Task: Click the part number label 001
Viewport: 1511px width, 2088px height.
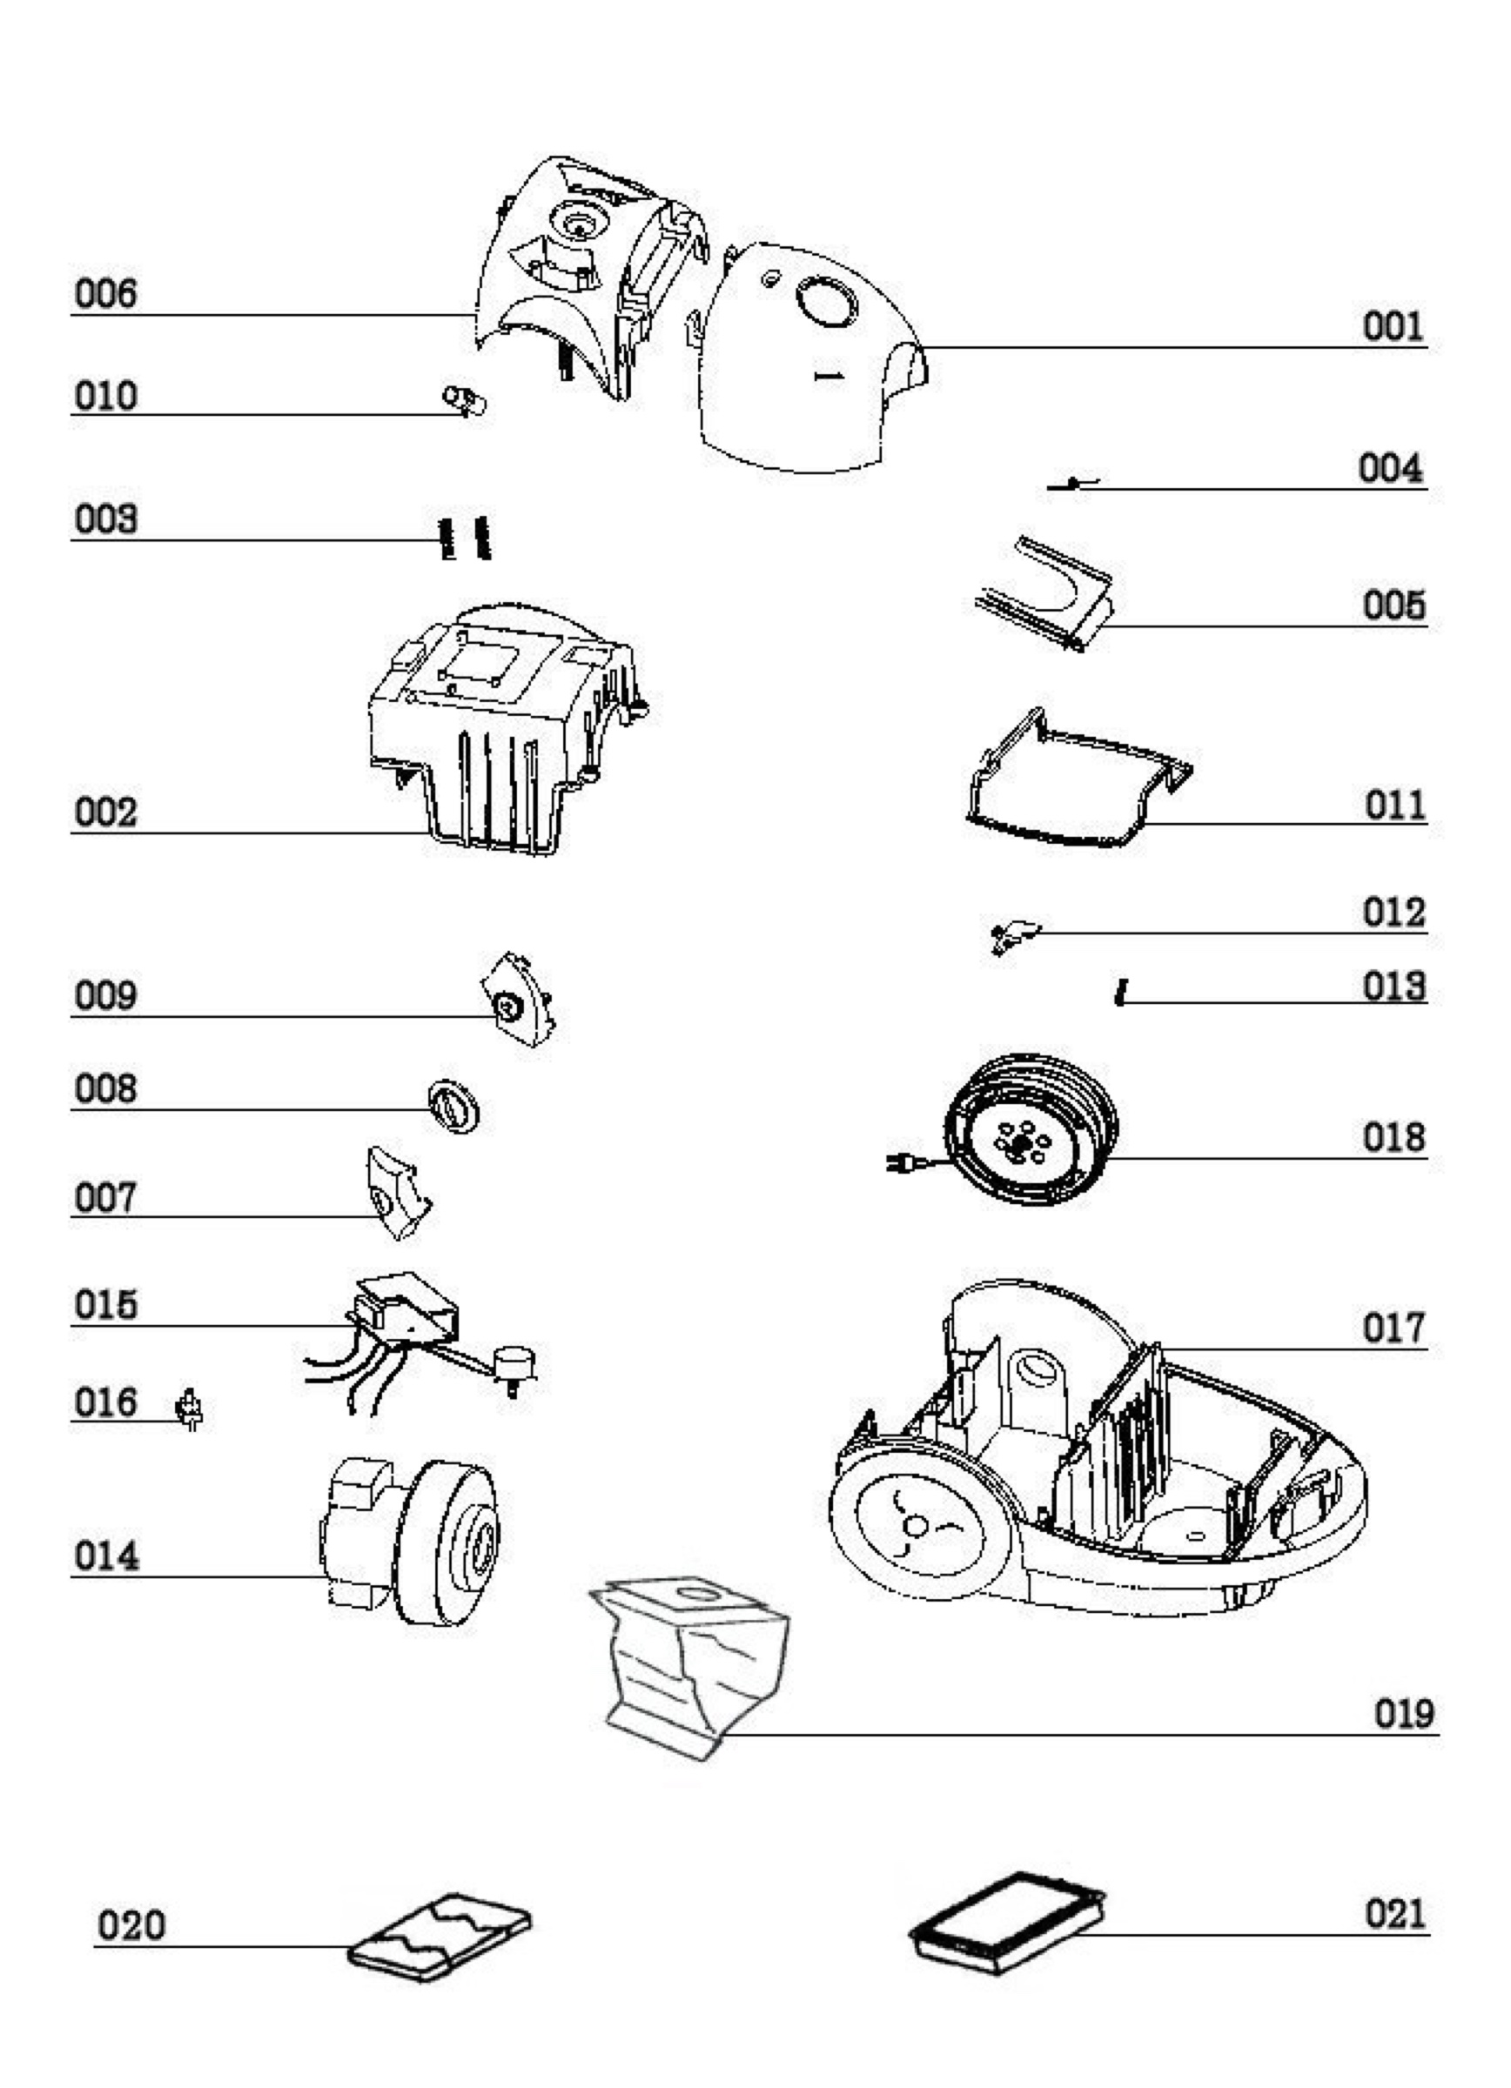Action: (1393, 326)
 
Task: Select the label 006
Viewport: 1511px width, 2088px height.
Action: (106, 294)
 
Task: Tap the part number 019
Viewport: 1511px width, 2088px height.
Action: (1405, 1713)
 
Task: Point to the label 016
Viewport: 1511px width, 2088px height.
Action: (106, 1403)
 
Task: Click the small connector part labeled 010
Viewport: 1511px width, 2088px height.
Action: (465, 400)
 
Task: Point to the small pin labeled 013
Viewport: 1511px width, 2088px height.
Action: (1120, 993)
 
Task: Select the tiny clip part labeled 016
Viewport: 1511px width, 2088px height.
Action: (190, 1409)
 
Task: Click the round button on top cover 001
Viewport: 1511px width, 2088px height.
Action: (826, 302)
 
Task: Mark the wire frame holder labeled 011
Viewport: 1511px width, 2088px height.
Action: (1079, 778)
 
